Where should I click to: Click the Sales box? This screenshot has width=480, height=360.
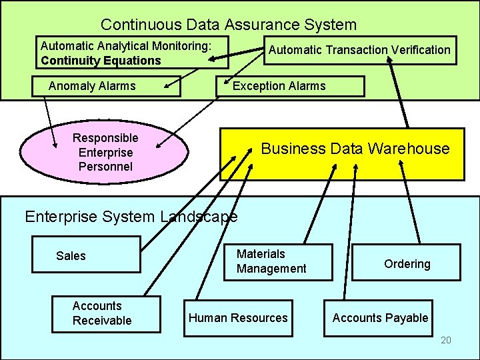point(87,256)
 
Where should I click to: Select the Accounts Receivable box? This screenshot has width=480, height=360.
point(107,313)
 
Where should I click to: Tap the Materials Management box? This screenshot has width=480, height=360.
point(276,261)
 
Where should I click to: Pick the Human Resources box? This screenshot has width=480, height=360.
point(238,318)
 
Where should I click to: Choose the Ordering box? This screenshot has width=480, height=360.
point(407,263)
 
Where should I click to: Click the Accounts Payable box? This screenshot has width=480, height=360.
point(380,318)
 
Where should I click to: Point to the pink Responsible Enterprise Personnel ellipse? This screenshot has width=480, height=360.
point(105,152)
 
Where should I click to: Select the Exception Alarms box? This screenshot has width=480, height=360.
point(292,86)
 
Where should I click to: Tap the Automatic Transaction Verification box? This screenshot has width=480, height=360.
point(360,50)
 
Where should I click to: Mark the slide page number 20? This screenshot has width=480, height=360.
point(445,341)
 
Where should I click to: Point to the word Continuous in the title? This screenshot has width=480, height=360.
point(140,25)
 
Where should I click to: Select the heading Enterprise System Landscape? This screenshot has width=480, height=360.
point(131,217)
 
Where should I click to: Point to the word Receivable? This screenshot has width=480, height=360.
point(102,321)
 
